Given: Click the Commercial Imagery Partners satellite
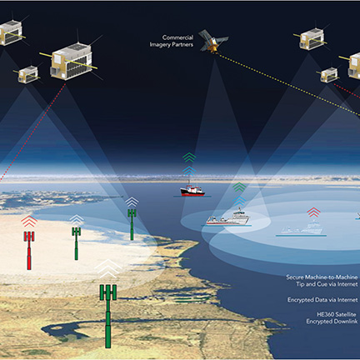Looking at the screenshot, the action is [x=213, y=41].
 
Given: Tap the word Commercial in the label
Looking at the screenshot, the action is [x=177, y=37].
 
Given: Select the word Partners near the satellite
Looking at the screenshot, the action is [x=182, y=44].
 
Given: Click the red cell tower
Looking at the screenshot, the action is [x=29, y=250].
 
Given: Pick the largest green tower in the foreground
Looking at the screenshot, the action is [x=108, y=316].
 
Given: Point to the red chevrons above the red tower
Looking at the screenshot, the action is [x=29, y=221].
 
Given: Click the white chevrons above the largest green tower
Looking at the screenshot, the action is [x=107, y=268].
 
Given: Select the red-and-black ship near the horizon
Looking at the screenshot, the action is [x=192, y=190].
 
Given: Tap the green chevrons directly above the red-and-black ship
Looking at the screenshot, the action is [x=189, y=157].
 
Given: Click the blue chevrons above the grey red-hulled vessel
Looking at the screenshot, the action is [x=239, y=201].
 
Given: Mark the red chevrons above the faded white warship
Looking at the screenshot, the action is [x=313, y=212].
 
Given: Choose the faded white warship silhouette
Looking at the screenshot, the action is [x=302, y=227].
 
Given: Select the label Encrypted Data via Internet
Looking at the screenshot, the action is [x=322, y=300].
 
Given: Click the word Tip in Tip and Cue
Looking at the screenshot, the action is [x=300, y=284].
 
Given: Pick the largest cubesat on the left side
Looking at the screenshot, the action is [x=72, y=61].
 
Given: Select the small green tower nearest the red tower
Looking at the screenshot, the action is [x=76, y=243].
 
